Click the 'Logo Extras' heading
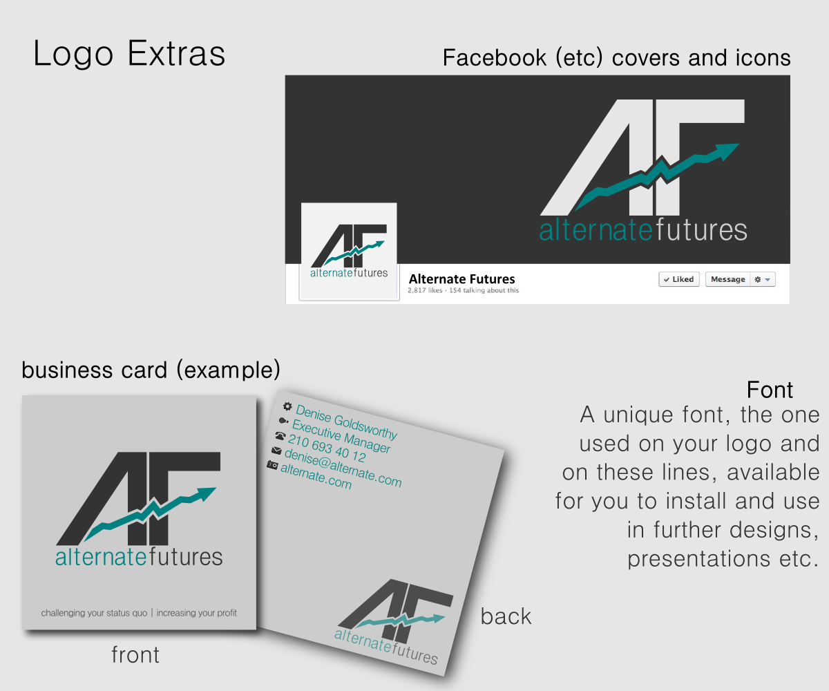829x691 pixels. click(129, 54)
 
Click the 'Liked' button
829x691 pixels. click(679, 279)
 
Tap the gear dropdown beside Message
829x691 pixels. click(763, 279)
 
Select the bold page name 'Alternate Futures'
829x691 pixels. click(461, 279)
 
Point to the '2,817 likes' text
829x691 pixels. click(425, 291)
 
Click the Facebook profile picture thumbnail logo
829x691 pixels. click(349, 252)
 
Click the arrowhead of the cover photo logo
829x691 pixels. click(726, 150)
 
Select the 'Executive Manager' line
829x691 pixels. click(341, 437)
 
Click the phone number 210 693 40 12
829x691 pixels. click(327, 449)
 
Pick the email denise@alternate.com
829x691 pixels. click(343, 467)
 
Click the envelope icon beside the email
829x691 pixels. click(276, 451)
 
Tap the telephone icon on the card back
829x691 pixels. click(280, 435)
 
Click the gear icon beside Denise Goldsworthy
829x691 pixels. click(287, 407)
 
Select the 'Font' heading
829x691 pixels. click(770, 390)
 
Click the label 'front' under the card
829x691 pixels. click(135, 654)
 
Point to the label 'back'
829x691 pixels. click(506, 616)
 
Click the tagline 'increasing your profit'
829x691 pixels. click(197, 613)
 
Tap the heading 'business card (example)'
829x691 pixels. click(151, 370)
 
